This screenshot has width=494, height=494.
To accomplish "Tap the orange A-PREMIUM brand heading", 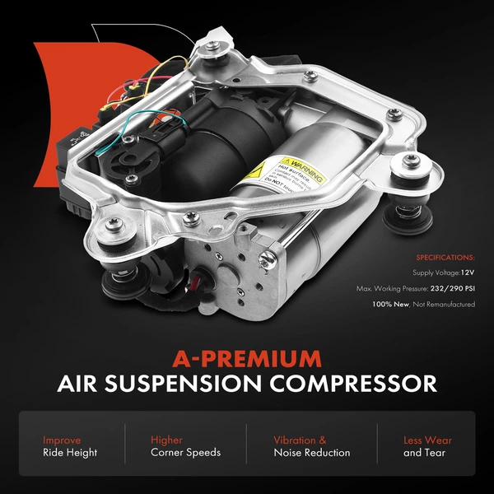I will coord(248,358).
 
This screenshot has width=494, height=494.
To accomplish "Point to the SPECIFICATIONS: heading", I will coord(445,257).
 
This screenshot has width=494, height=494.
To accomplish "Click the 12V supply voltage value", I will coord(467,273).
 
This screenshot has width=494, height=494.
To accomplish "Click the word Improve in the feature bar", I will coord(63,440).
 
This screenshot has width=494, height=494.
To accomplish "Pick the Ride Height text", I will coord(70,453).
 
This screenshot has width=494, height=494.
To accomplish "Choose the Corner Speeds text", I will coord(185,453).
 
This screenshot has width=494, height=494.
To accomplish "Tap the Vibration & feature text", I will coord(300,440).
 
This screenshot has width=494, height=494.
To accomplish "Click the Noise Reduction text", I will coord(312,453).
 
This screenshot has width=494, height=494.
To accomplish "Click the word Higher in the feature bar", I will coord(166,440).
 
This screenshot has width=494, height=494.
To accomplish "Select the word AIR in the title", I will coord(78,384).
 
